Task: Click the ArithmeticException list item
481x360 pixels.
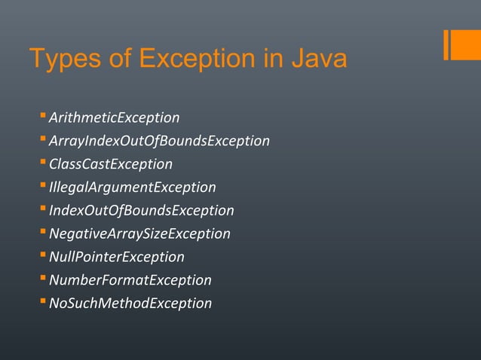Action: [114, 117]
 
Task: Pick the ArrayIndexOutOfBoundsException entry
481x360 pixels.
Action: [159, 141]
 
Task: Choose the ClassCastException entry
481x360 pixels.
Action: [111, 164]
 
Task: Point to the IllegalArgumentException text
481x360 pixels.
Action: [132, 187]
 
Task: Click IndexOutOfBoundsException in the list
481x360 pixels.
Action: [141, 210]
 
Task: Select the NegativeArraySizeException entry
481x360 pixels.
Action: [139, 233]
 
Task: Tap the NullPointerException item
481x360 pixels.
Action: [116, 257]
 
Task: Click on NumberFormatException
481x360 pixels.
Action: [130, 280]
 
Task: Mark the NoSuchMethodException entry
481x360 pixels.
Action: [130, 304]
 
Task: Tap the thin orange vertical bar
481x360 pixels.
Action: [447, 44]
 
